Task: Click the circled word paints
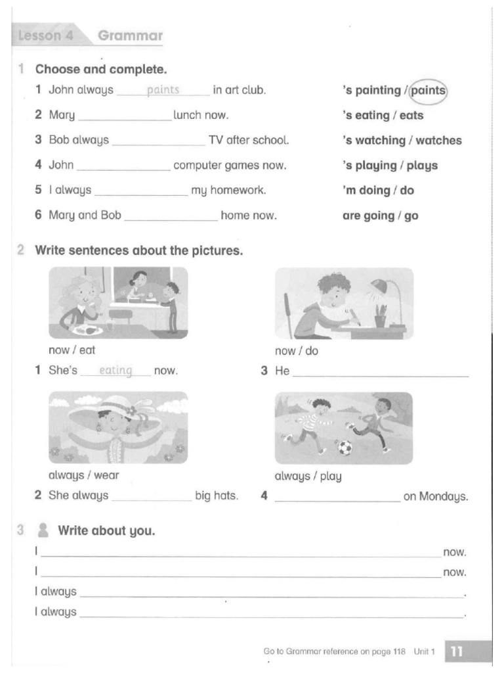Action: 428,91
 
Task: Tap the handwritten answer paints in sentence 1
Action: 163,91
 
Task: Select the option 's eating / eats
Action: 383,116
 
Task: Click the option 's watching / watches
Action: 402,141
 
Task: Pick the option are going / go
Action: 380,216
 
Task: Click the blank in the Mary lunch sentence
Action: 125,116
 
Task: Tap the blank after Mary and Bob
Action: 171,216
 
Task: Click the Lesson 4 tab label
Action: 46,37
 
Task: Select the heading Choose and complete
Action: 101,69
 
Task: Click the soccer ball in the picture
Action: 344,448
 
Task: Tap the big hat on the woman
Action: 118,410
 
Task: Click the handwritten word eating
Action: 115,371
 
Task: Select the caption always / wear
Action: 84,475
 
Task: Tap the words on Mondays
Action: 435,497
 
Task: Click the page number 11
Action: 457,652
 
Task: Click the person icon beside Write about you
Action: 43,530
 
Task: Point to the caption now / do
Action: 296,351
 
